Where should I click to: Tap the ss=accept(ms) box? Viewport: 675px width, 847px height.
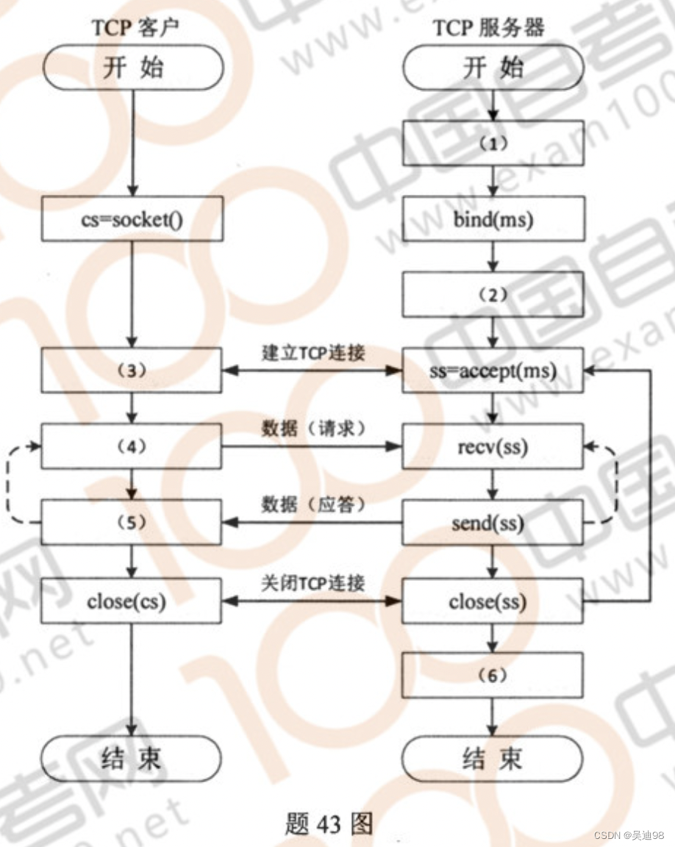(x=492, y=371)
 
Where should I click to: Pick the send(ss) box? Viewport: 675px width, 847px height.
(x=492, y=523)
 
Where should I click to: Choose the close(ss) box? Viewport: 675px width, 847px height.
(x=492, y=601)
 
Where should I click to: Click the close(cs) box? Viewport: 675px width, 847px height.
(x=132, y=601)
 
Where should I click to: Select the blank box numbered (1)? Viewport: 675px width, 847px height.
(x=492, y=143)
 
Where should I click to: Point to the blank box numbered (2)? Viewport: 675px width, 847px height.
(x=492, y=295)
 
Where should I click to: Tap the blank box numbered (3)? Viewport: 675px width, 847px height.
(x=132, y=371)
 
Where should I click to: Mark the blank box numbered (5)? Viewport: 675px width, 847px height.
(x=132, y=523)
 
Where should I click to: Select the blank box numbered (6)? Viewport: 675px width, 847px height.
(x=492, y=675)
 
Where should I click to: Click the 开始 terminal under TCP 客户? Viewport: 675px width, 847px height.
(x=132, y=68)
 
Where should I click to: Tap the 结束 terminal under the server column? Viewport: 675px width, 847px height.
(x=492, y=757)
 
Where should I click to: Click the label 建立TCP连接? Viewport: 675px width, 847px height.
(x=312, y=352)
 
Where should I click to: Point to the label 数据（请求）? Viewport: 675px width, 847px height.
(x=312, y=429)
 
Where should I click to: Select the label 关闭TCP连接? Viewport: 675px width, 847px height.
(x=312, y=583)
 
